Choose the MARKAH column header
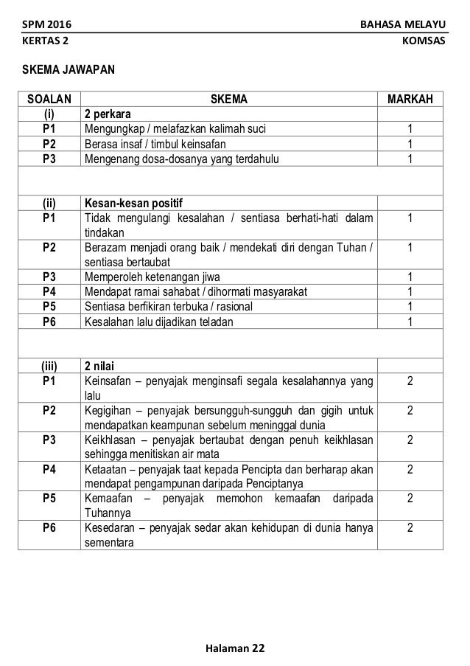pyautogui.click(x=410, y=100)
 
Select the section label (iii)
pyautogui.click(x=50, y=363)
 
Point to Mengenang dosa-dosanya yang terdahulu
pyautogui.click(x=182, y=159)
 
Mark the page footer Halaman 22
pyautogui.click(x=235, y=648)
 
